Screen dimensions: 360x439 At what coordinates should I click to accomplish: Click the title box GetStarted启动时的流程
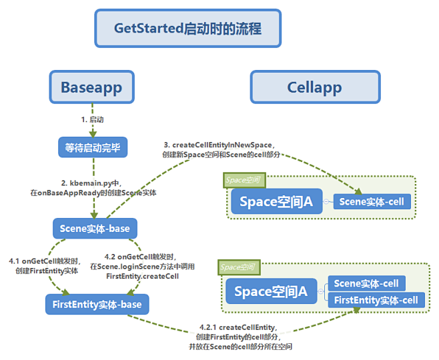click(187, 28)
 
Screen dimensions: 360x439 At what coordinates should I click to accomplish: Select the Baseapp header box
click(91, 87)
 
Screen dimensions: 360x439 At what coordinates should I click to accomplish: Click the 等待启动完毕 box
click(93, 147)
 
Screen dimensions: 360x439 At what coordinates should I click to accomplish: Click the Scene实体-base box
click(94, 229)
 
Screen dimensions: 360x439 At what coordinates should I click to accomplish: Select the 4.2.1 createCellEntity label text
click(238, 338)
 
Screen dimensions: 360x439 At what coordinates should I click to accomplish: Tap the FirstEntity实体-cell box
click(376, 300)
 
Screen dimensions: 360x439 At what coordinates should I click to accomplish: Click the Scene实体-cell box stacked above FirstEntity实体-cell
click(366, 284)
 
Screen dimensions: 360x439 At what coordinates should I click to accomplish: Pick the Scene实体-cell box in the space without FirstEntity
click(372, 201)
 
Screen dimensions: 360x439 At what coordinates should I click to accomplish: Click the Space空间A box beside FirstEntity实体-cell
click(271, 291)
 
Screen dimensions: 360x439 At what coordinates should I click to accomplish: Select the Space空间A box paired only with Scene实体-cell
click(276, 201)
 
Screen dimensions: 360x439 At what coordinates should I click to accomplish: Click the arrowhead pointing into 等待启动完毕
click(93, 135)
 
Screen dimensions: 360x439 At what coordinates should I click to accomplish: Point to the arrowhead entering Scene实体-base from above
click(93, 215)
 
